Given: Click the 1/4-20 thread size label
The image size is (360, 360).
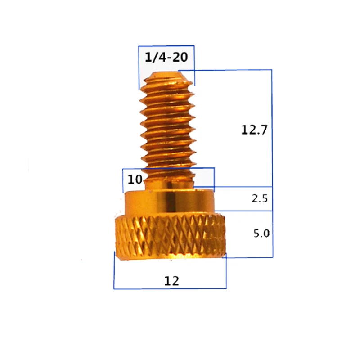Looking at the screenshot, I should pos(166,58).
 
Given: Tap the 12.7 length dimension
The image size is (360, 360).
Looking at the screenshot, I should pos(254,130).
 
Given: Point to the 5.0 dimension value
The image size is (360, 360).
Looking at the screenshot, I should pos(261,234).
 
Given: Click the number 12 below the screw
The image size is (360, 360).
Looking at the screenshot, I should pos(171,281).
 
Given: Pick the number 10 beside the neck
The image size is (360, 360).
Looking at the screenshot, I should pos(135,180).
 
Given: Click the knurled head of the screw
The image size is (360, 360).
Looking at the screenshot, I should pos(170,236).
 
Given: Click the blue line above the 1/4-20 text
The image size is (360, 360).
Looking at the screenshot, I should pos(166,45).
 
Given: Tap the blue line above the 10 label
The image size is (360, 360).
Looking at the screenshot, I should pos(169,169).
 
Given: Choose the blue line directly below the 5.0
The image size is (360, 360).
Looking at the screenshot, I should pos(250,257).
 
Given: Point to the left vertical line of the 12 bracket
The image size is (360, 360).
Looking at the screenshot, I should pos(114,270).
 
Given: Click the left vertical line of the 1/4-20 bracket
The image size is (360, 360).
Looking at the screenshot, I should pos(139,67).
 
